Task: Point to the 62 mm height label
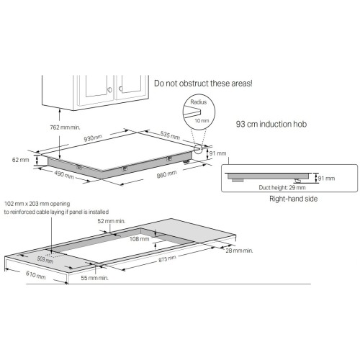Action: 21,159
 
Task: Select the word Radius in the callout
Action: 199,103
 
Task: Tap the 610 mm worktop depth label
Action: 17,275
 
